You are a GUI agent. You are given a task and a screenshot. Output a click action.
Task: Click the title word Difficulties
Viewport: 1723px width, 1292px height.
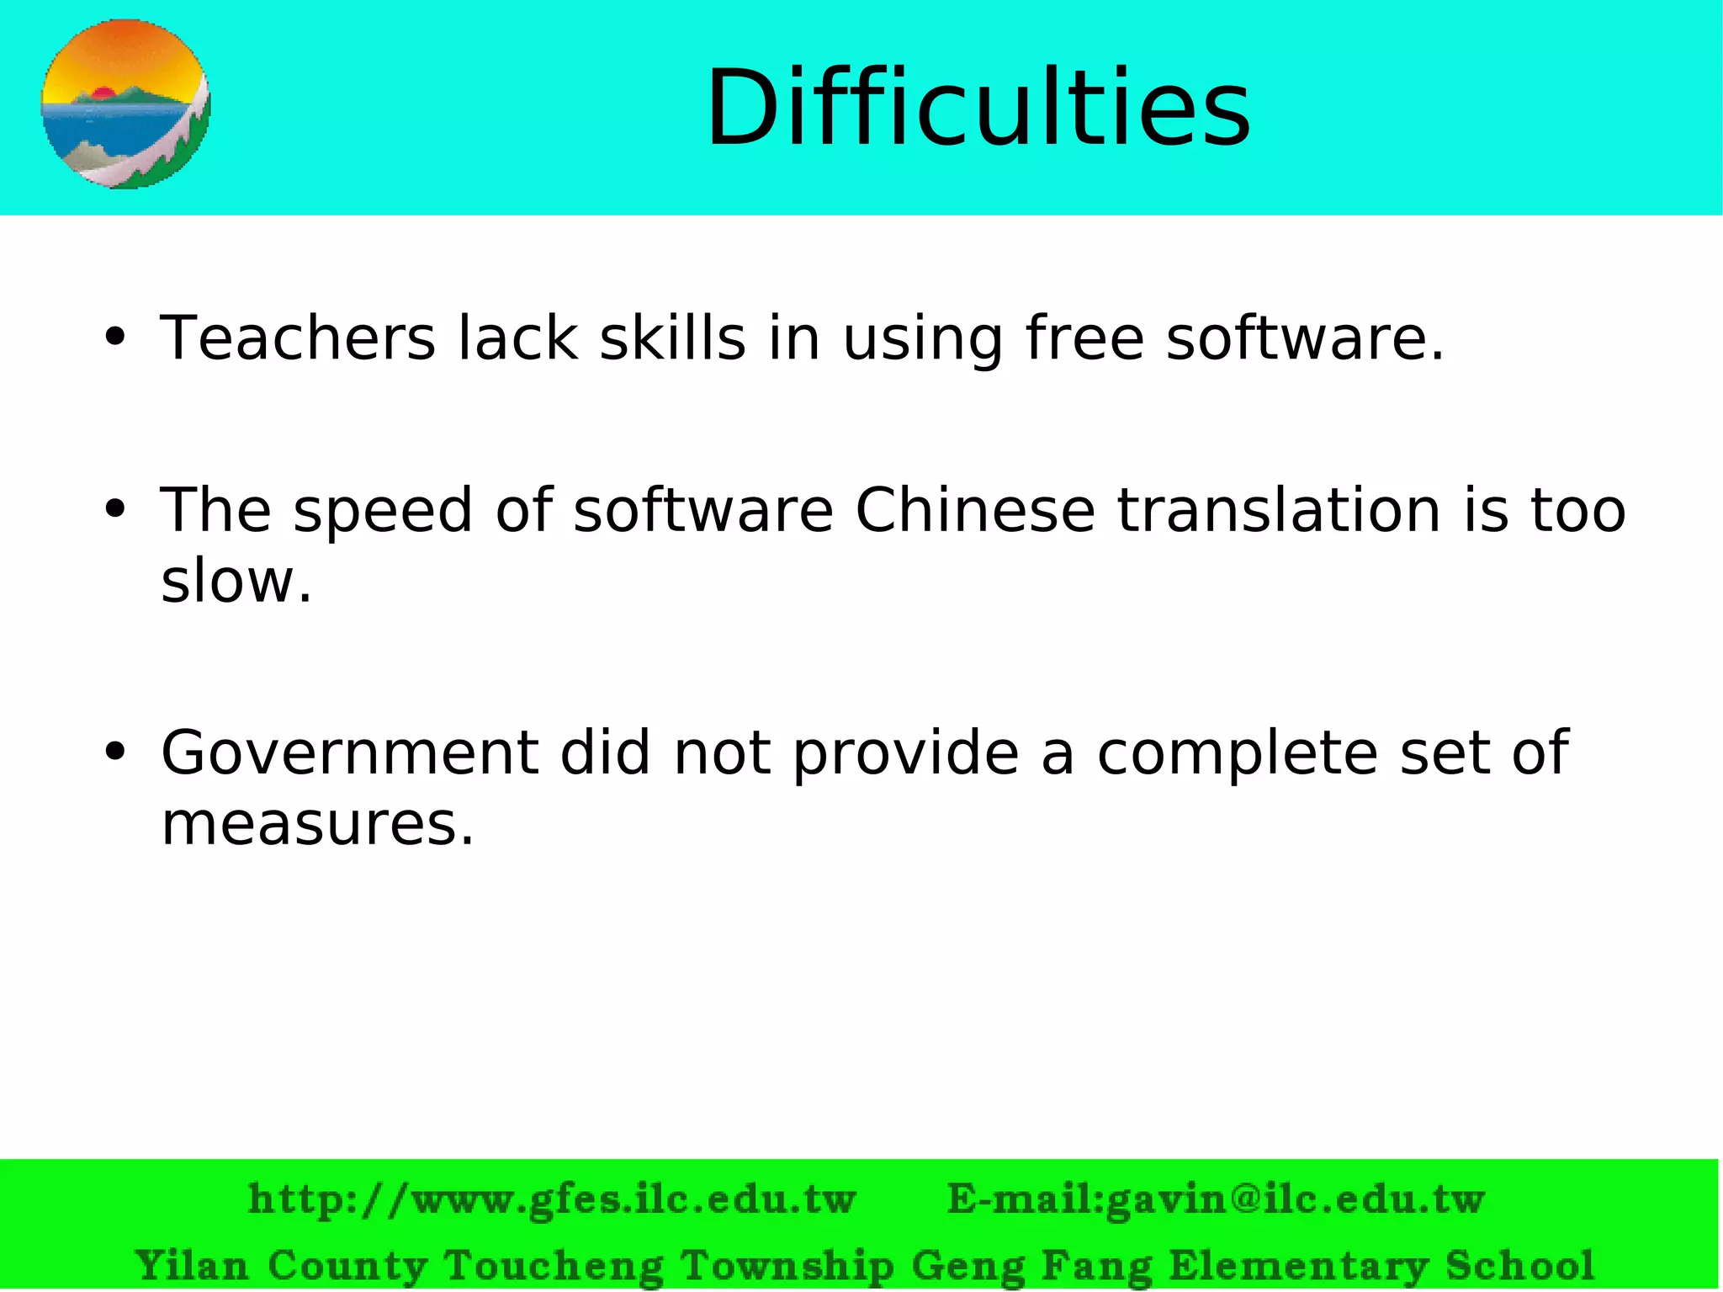click(978, 109)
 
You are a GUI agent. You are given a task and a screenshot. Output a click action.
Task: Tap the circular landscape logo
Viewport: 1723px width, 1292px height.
click(125, 104)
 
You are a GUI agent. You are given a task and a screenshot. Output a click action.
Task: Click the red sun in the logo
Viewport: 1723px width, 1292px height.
click(103, 93)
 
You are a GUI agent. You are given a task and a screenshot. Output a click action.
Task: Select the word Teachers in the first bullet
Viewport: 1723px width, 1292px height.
click(298, 338)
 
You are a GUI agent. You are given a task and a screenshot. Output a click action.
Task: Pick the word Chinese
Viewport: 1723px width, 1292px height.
click(974, 511)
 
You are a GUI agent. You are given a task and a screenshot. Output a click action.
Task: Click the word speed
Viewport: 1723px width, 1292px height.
click(383, 511)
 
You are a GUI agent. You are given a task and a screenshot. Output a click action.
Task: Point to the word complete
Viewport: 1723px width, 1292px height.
click(1237, 752)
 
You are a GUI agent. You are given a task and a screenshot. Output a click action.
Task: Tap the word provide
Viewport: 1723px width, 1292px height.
click(906, 752)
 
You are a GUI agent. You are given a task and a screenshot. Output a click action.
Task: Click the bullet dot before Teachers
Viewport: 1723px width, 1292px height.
click(115, 338)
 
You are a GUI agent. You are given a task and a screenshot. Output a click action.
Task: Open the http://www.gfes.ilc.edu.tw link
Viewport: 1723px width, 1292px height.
click(552, 1199)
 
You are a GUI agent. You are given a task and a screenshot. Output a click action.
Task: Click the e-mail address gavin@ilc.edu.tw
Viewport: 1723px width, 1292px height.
click(1295, 1199)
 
